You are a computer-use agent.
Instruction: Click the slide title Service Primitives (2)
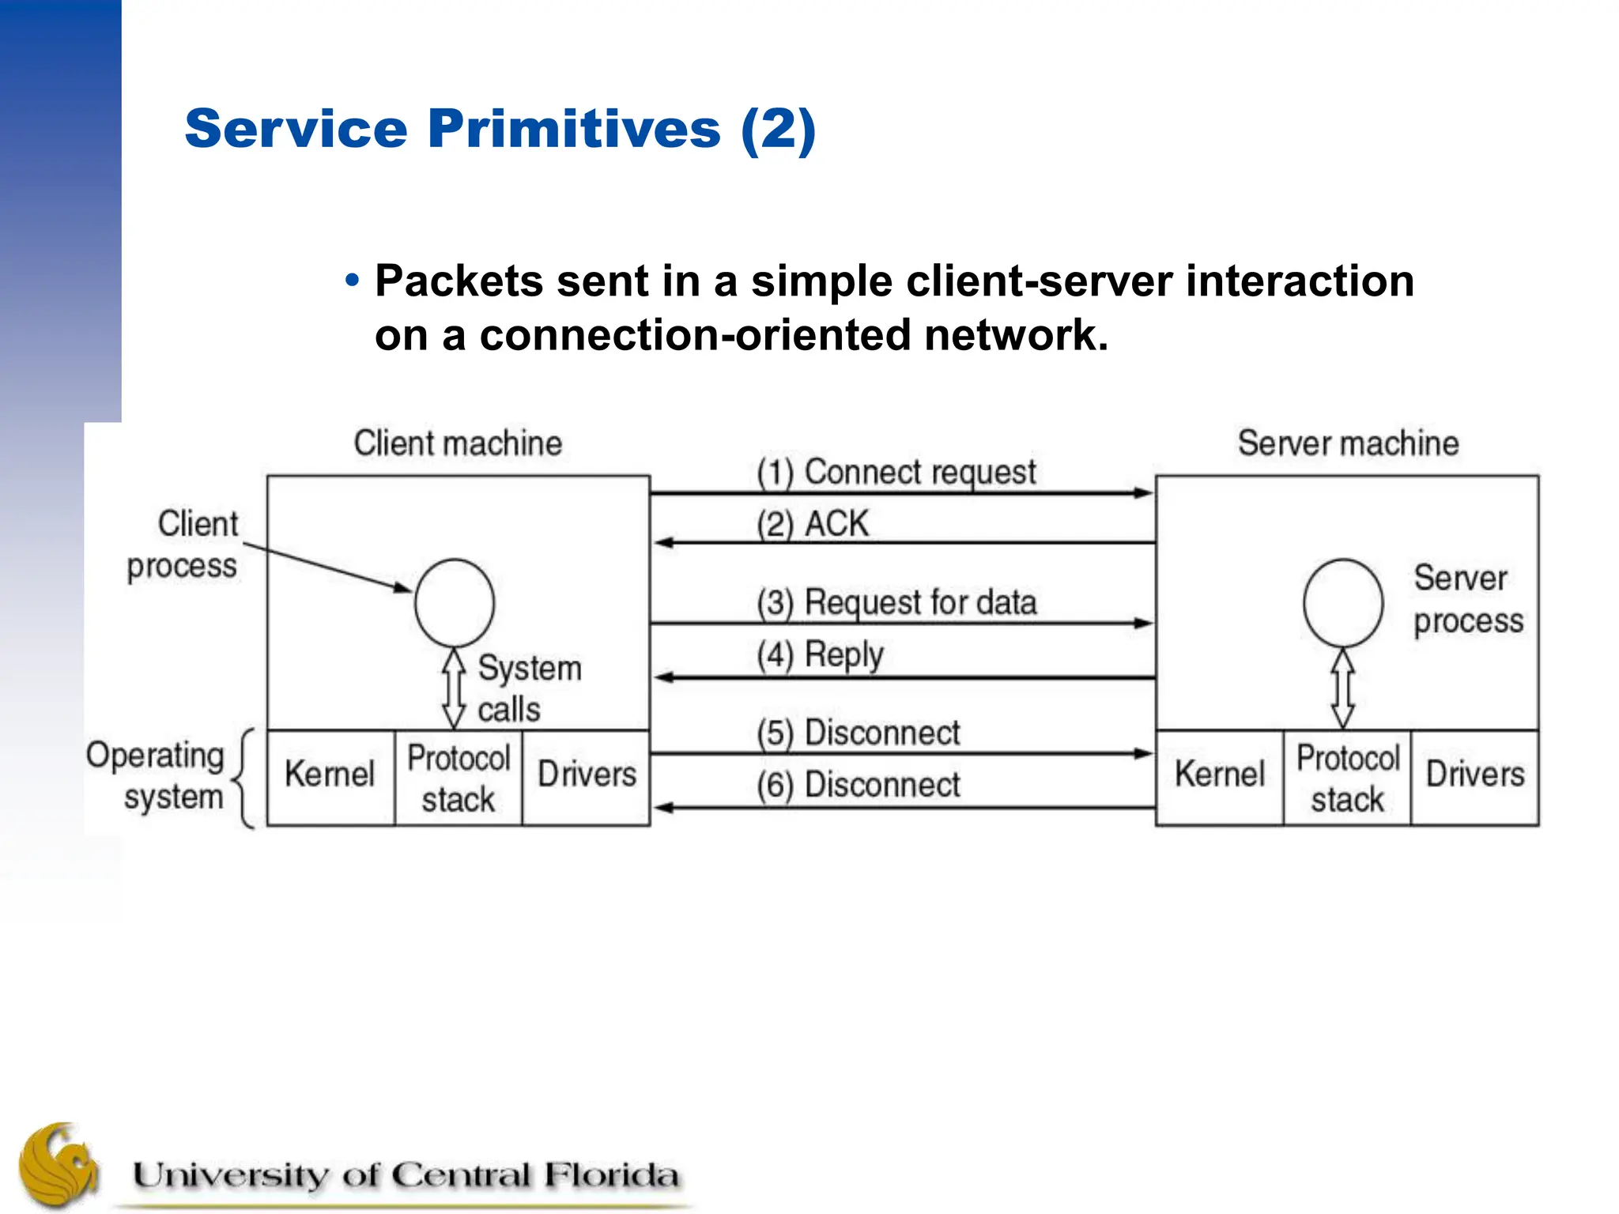click(x=500, y=129)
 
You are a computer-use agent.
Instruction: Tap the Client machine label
click(x=458, y=443)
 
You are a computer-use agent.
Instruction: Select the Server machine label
click(x=1348, y=443)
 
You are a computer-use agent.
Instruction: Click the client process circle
click(x=455, y=603)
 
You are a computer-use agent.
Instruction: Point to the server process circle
click(x=1343, y=603)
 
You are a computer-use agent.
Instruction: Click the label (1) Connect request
click(x=896, y=473)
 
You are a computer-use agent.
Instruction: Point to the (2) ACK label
click(x=812, y=524)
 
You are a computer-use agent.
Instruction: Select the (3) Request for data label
click(x=896, y=603)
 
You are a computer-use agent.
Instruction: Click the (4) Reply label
click(x=820, y=655)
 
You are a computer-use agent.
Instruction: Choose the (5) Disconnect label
click(x=859, y=733)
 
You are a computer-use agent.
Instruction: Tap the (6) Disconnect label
click(x=859, y=786)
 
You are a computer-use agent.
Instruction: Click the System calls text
click(x=527, y=688)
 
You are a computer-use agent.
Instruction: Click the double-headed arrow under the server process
click(x=1343, y=688)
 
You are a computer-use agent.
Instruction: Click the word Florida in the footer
click(x=609, y=1175)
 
